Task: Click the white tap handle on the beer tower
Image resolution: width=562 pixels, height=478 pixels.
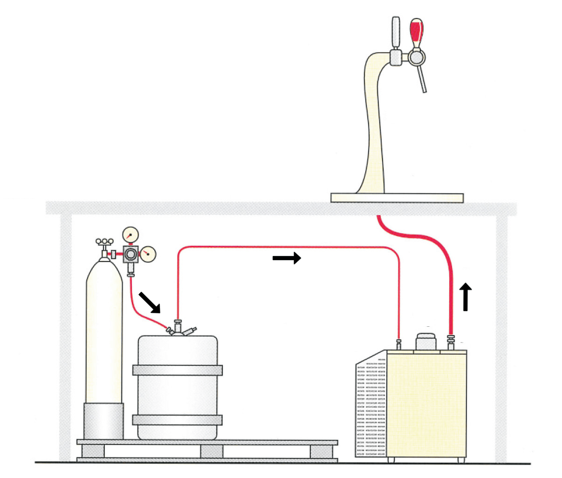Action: tap(396, 32)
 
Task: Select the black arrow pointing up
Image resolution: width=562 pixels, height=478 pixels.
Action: tap(466, 296)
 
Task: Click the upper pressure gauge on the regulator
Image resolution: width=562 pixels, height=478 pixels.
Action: tap(131, 234)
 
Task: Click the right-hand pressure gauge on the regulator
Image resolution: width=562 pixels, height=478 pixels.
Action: tap(148, 254)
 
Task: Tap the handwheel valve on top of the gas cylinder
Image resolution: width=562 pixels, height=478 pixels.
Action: tap(104, 242)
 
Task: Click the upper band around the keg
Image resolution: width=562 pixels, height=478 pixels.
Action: tap(177, 370)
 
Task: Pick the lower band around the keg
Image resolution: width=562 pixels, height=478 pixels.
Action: tap(177, 419)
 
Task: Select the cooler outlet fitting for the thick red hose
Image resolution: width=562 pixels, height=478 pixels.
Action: tap(451, 343)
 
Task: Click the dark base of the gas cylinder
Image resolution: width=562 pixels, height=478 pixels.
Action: tap(103, 421)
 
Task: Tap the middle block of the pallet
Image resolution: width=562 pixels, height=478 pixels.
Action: tap(212, 451)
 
